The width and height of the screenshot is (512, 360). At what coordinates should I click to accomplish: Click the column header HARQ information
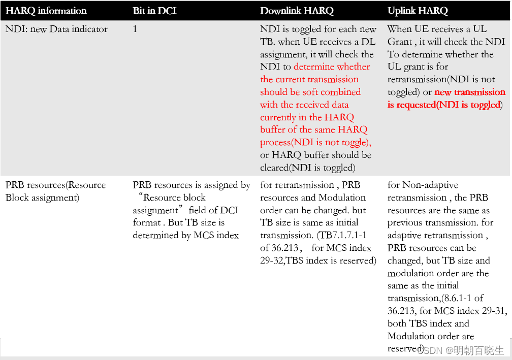[46, 11]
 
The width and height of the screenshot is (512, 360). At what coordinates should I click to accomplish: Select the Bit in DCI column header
[155, 11]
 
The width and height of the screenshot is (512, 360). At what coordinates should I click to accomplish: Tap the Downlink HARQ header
[297, 11]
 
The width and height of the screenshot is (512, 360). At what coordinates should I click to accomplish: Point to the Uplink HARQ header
[418, 11]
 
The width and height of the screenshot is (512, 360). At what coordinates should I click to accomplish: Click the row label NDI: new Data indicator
[56, 29]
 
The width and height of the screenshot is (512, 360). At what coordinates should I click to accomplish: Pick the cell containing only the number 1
[135, 29]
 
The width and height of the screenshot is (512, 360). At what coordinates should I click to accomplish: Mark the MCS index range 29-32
[274, 260]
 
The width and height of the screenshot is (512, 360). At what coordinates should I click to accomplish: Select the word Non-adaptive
[430, 185]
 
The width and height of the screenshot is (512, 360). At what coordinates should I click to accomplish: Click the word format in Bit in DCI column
[146, 222]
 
